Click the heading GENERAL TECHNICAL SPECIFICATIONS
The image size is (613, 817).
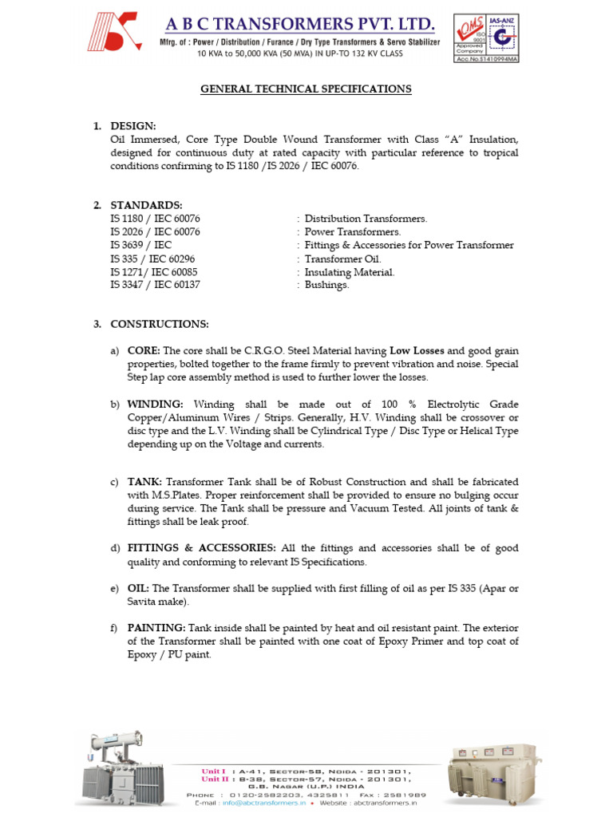306,89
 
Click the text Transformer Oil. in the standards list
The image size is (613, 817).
343,259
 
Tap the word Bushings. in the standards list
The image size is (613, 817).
327,285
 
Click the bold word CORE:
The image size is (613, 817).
144,350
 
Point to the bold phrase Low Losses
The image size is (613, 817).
417,350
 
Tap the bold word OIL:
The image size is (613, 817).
138,588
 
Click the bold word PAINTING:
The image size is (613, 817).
156,628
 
